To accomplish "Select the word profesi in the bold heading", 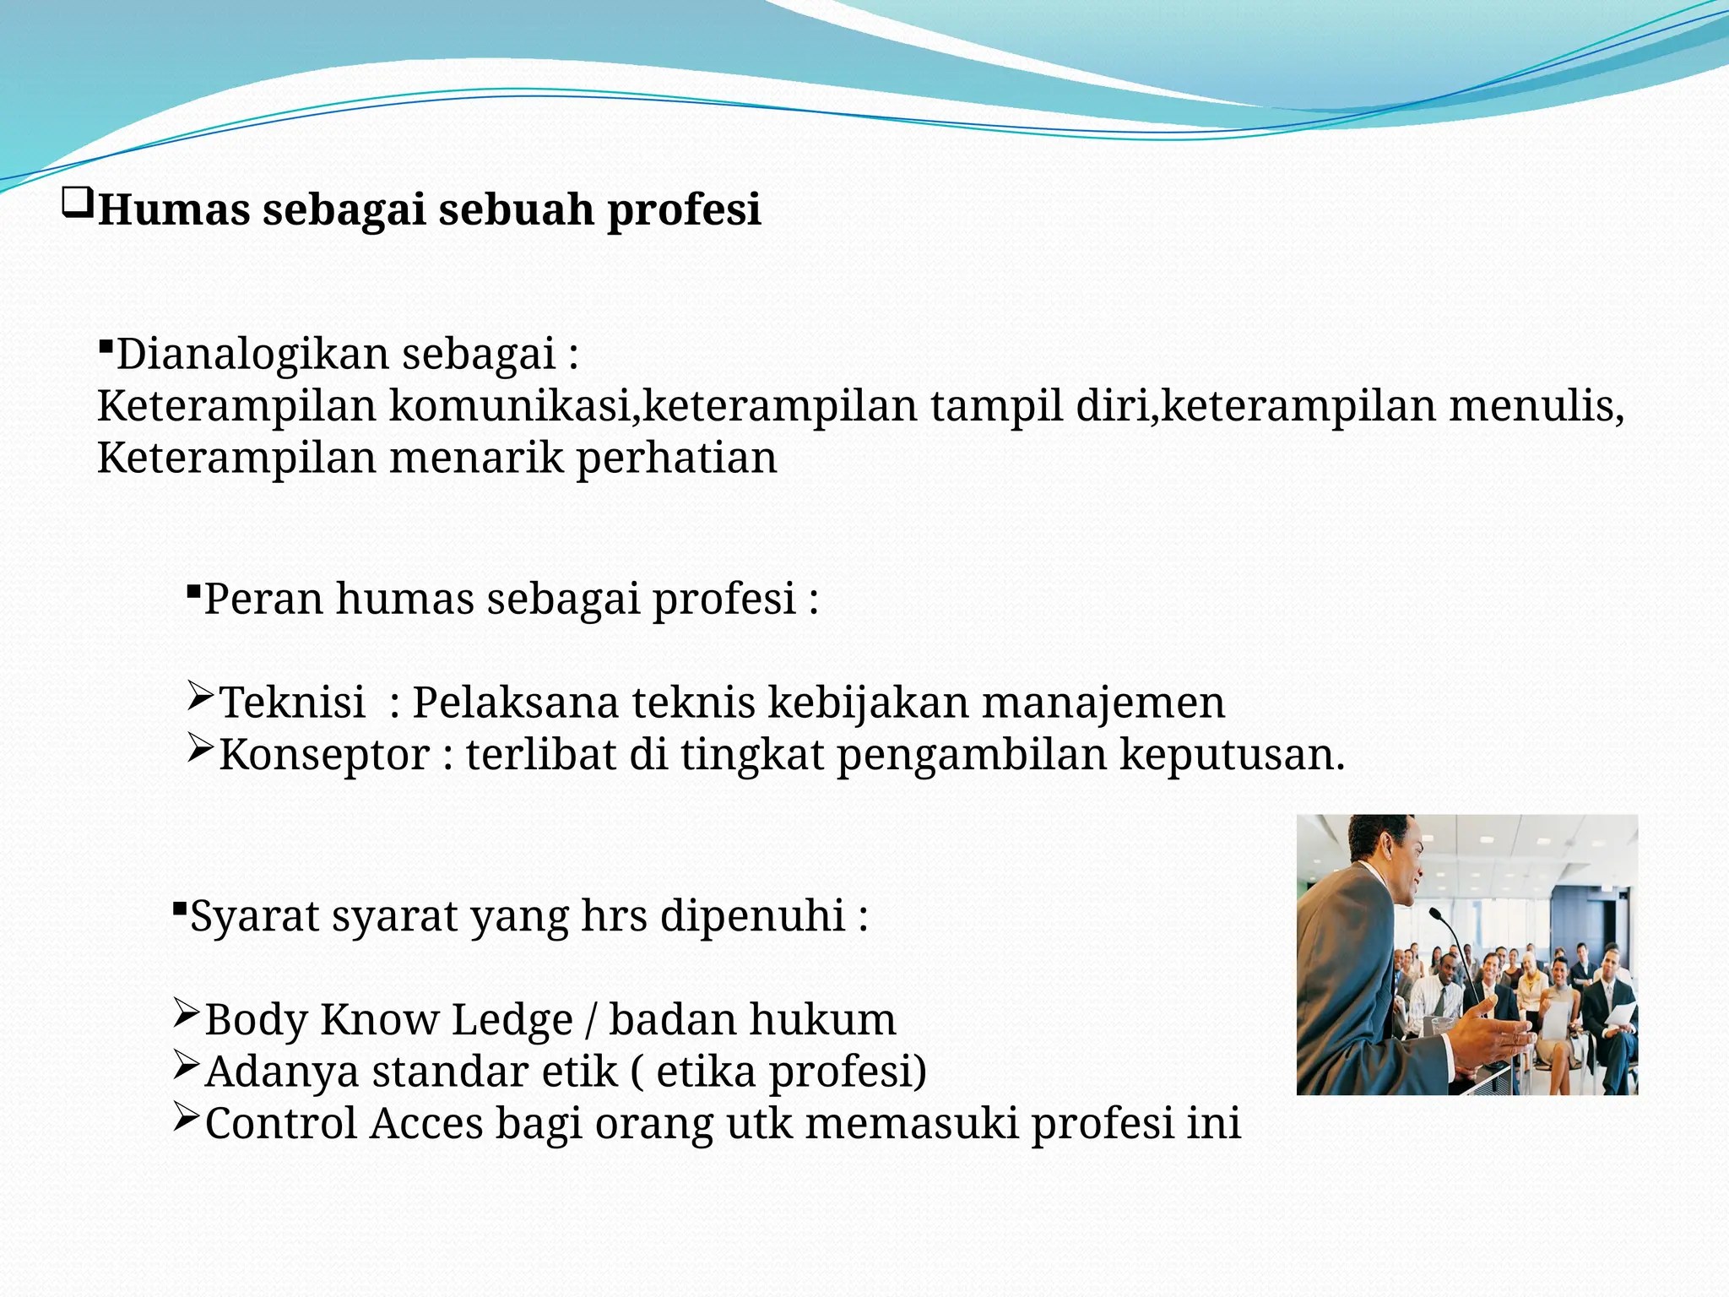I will pos(684,211).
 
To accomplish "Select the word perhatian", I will pos(676,459).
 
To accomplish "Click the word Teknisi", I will pos(292,703).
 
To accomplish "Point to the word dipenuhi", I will pos(752,916).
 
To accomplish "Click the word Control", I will pos(281,1124).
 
